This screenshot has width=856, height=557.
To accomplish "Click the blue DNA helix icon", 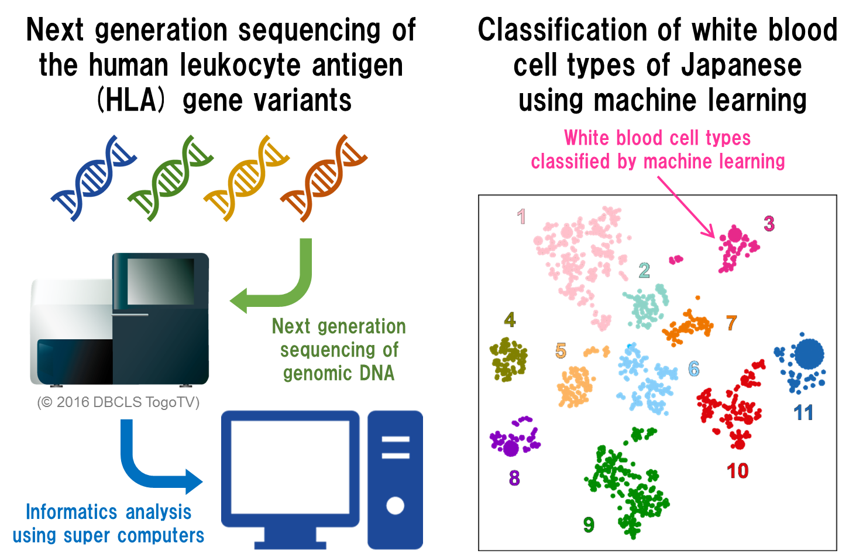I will click(93, 178).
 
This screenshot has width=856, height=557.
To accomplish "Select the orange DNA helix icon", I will click(324, 178).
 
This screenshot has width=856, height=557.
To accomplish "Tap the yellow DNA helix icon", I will click(246, 178).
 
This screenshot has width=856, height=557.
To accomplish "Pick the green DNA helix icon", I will click(170, 178).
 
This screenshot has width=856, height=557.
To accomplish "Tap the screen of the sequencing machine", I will click(160, 282).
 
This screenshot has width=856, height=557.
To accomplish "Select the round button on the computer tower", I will click(395, 505).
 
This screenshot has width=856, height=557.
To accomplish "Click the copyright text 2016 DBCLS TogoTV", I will click(119, 402).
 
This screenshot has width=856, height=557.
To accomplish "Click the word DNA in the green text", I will click(377, 373).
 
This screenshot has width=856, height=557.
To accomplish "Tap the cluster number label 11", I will click(803, 413).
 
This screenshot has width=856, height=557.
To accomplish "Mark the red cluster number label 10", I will click(737, 471).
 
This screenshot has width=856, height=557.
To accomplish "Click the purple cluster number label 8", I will click(514, 479).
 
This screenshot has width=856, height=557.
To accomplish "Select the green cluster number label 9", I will click(589, 525).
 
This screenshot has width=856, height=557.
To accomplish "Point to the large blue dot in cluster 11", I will click(809, 354).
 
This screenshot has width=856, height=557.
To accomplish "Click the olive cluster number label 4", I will click(510, 320).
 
